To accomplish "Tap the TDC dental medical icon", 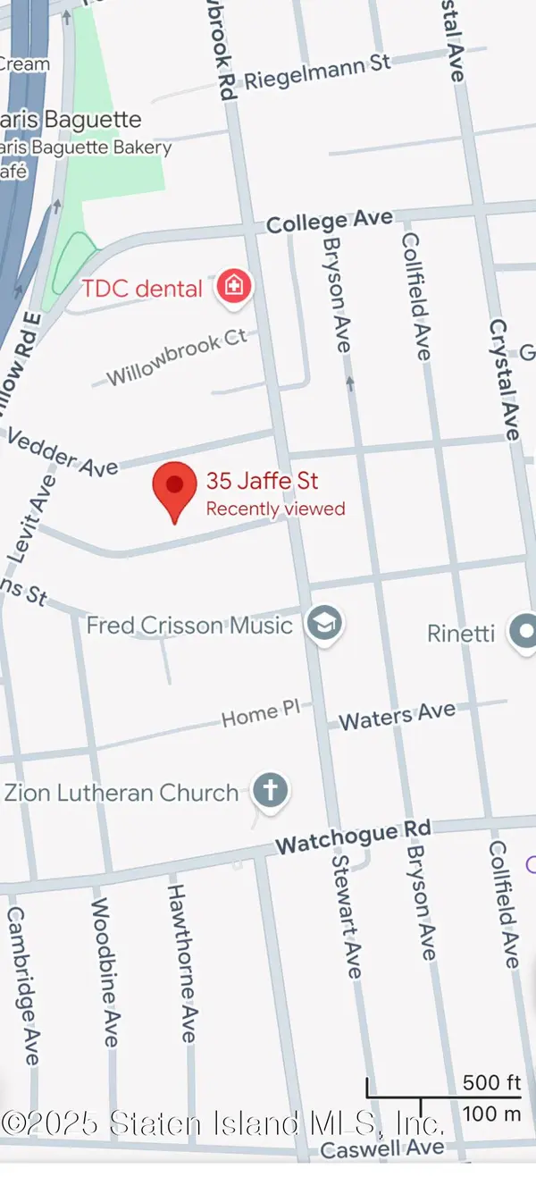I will (x=234, y=287).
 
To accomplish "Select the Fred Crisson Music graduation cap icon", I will (x=322, y=624).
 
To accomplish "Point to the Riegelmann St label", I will (x=317, y=71).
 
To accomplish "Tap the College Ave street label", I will (x=330, y=221).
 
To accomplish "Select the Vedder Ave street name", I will (x=62, y=452).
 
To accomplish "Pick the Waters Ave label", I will (x=397, y=716).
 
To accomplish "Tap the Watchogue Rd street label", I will (x=353, y=837).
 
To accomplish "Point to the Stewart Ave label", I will (x=347, y=916).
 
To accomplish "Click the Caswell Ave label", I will (x=381, y=1148).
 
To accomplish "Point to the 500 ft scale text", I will (x=491, y=1082).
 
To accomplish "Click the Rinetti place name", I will (x=461, y=633).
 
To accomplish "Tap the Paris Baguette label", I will (x=71, y=120).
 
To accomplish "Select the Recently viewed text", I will (x=275, y=509).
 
